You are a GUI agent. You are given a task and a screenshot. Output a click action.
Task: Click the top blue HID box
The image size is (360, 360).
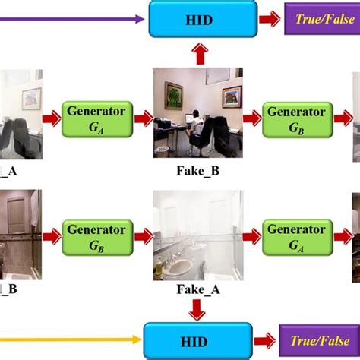click(199, 19)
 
